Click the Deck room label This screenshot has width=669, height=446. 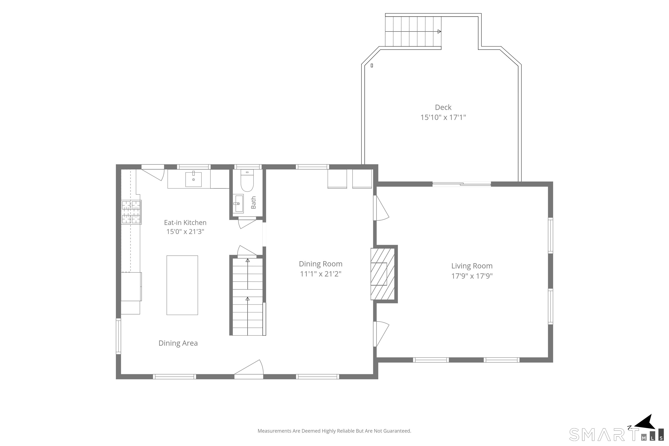click(x=443, y=107)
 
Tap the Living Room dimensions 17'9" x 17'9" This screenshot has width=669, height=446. click(x=472, y=276)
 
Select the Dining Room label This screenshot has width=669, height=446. click(x=321, y=264)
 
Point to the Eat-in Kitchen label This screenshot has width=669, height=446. click(x=185, y=222)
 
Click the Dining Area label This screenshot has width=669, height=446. click(x=178, y=343)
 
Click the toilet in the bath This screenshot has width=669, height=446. click(x=247, y=181)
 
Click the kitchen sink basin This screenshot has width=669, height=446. click(x=193, y=179)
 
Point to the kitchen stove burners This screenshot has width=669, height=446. click(x=131, y=212)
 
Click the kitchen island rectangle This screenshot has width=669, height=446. click(x=182, y=285)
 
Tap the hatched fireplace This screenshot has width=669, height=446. click(x=383, y=274)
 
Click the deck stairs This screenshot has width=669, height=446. click(x=413, y=31)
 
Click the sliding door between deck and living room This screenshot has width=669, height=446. click(x=462, y=184)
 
